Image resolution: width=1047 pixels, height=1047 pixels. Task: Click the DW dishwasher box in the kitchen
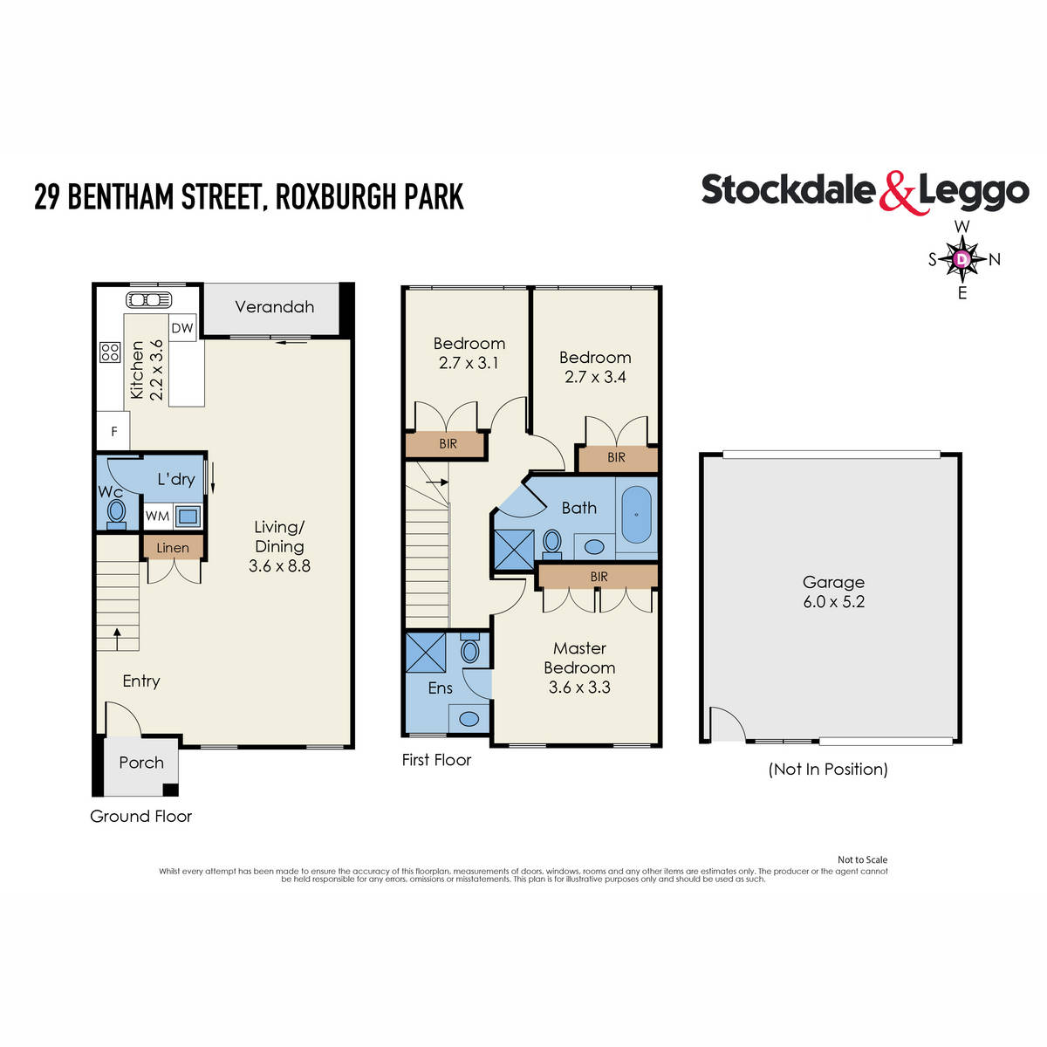[x=182, y=328]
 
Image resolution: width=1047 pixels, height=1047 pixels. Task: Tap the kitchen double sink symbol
[x=149, y=300]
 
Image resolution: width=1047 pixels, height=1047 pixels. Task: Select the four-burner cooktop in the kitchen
[x=110, y=352]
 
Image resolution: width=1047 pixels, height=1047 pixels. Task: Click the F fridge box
[x=113, y=431]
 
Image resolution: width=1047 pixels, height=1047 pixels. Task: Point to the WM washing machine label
[x=157, y=516]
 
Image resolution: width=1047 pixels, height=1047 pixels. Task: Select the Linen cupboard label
[x=173, y=548]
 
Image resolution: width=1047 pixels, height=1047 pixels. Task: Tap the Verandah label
[x=274, y=307]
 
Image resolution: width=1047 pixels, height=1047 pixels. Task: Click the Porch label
[x=141, y=763]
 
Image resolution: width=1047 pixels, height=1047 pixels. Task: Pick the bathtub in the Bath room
[x=636, y=515]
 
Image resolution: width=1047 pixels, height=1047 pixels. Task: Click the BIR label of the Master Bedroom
[x=599, y=577]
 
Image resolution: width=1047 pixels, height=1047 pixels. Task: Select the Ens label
[x=440, y=688]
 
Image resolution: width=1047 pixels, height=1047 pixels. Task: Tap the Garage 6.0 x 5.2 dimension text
[x=833, y=602]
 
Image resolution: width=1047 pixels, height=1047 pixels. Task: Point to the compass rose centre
[x=961, y=259]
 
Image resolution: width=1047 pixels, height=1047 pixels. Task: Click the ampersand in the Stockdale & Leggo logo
[x=898, y=193]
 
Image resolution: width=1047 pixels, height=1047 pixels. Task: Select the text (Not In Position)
[x=828, y=769]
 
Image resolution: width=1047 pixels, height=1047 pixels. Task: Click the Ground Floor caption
[x=140, y=817]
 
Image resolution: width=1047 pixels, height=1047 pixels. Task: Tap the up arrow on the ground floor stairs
[x=117, y=638]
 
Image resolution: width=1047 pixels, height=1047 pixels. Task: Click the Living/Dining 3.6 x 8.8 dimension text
[x=279, y=565]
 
